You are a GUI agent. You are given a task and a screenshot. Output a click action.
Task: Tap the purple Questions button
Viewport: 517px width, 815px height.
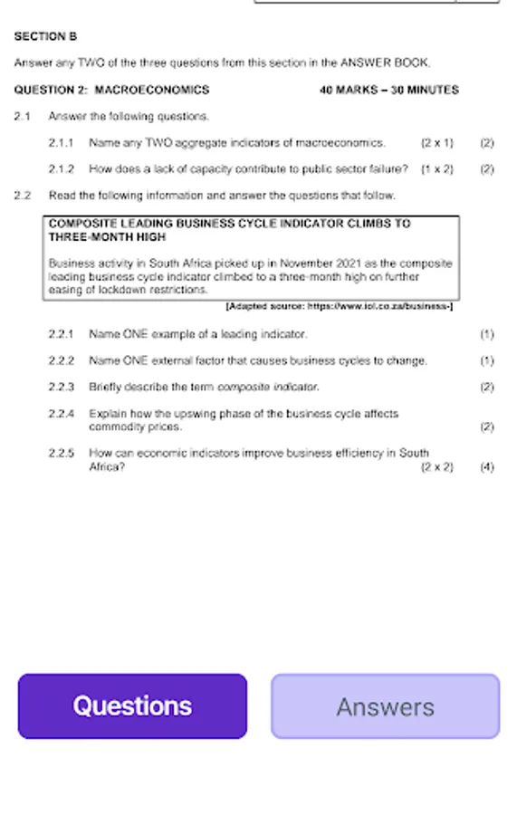tap(132, 706)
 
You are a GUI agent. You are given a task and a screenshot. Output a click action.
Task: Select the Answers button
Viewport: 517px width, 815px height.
tap(385, 706)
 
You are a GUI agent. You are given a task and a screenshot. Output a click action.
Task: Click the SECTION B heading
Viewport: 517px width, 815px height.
tap(45, 37)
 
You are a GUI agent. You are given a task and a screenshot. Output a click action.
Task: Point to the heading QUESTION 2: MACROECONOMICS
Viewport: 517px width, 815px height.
tap(111, 90)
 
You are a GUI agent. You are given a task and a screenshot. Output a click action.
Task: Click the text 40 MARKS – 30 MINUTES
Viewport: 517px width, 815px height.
tap(389, 90)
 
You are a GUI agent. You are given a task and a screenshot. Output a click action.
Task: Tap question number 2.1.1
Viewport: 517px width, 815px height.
tap(62, 143)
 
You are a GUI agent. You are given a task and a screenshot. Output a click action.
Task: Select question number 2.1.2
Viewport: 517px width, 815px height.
tap(62, 169)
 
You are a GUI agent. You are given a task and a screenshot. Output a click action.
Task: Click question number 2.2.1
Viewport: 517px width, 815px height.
tap(62, 334)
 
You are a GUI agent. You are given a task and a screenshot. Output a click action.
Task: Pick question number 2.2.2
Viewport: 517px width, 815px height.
tap(62, 360)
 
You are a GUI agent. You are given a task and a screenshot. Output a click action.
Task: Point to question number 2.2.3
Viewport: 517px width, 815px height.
tap(62, 387)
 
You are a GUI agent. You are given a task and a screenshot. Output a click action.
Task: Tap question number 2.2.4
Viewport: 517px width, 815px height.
tap(62, 414)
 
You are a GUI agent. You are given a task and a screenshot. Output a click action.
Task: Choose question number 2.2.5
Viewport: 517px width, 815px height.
tap(62, 453)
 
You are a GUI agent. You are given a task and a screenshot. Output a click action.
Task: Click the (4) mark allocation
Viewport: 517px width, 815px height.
tap(487, 467)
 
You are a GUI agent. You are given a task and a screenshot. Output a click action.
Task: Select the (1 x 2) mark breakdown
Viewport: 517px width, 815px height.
tap(437, 169)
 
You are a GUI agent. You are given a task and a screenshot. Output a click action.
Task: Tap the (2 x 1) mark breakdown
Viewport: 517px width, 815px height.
tap(437, 143)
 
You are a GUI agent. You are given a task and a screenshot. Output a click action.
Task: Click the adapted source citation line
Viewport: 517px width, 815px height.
tap(339, 307)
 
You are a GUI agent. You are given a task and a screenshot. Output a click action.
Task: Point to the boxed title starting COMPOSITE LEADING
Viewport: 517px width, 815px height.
tap(229, 230)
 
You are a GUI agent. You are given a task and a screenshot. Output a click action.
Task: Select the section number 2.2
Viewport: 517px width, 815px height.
tap(23, 196)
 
